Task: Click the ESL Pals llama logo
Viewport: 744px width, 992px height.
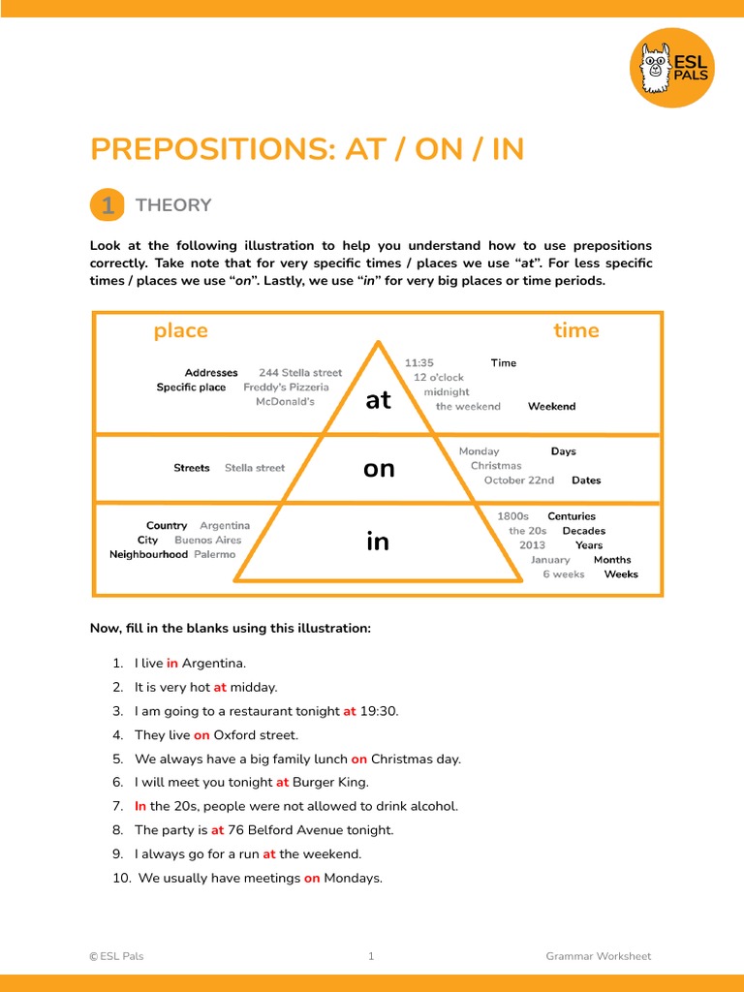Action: coord(671,68)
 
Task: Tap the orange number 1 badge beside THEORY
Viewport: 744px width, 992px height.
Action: coord(107,205)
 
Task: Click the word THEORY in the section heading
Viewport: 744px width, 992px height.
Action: coord(173,205)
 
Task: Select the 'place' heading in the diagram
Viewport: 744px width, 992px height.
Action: coord(180,330)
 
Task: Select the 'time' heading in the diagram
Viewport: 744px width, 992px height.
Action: coord(575,330)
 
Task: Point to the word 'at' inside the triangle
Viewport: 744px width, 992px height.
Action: coord(379,400)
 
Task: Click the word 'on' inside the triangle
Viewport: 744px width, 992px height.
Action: coord(379,469)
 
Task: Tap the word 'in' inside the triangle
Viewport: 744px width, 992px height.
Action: coord(378,541)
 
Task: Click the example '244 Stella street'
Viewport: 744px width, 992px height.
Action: coord(300,373)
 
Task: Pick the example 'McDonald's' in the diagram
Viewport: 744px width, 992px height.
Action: coord(285,401)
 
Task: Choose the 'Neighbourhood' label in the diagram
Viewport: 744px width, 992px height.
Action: coord(148,555)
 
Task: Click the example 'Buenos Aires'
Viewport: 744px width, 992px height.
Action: coord(207,541)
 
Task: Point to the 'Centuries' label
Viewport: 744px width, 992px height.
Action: coord(572,516)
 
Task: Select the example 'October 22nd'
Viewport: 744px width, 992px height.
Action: coord(519,480)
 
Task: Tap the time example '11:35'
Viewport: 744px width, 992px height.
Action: coord(419,363)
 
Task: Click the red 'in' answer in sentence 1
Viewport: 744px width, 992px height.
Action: coord(172,664)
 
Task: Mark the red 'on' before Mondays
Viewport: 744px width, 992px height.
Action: coord(312,879)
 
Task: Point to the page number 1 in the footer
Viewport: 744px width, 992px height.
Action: coord(371,956)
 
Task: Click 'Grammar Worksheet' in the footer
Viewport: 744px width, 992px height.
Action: coord(598,956)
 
